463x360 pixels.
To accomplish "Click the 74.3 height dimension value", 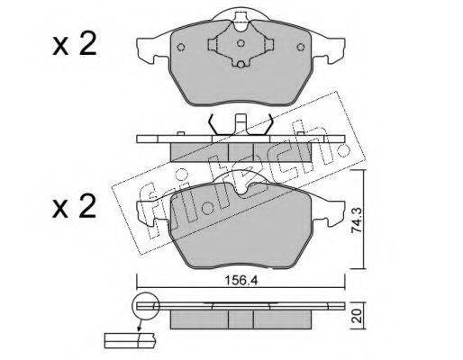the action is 357,221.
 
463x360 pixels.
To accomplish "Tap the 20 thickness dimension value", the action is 357,316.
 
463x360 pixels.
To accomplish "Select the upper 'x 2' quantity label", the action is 74,44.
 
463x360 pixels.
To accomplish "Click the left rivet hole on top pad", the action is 181,48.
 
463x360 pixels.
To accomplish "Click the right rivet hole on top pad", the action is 301,48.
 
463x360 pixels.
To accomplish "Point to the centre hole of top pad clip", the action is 241,43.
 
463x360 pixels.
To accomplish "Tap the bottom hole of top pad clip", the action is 241,64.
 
